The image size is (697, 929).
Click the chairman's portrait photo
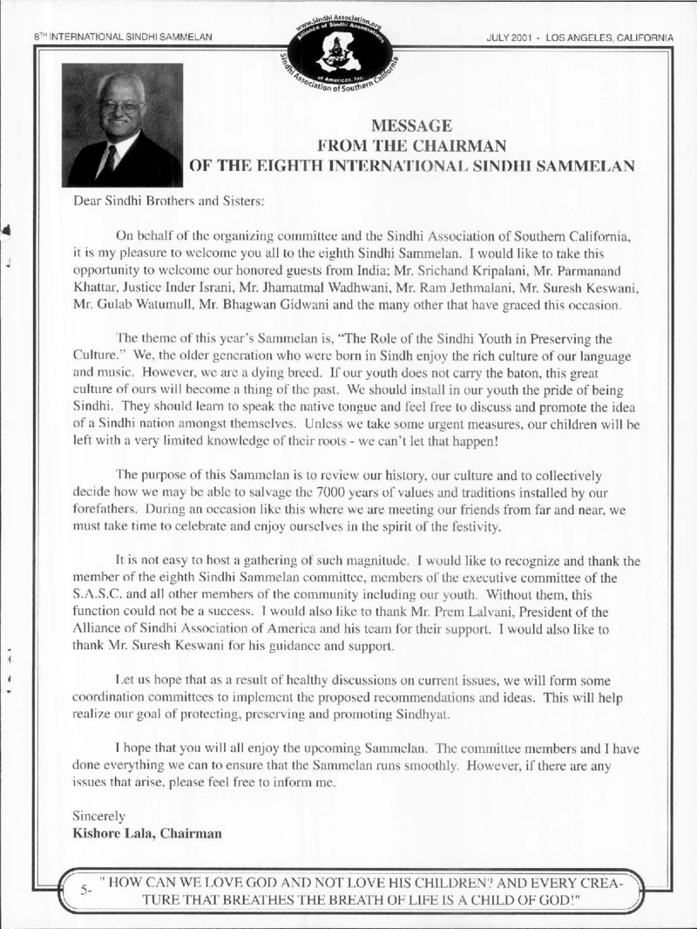click(x=123, y=125)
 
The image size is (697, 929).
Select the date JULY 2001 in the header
click(x=521, y=37)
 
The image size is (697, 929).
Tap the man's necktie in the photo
click(x=109, y=161)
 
